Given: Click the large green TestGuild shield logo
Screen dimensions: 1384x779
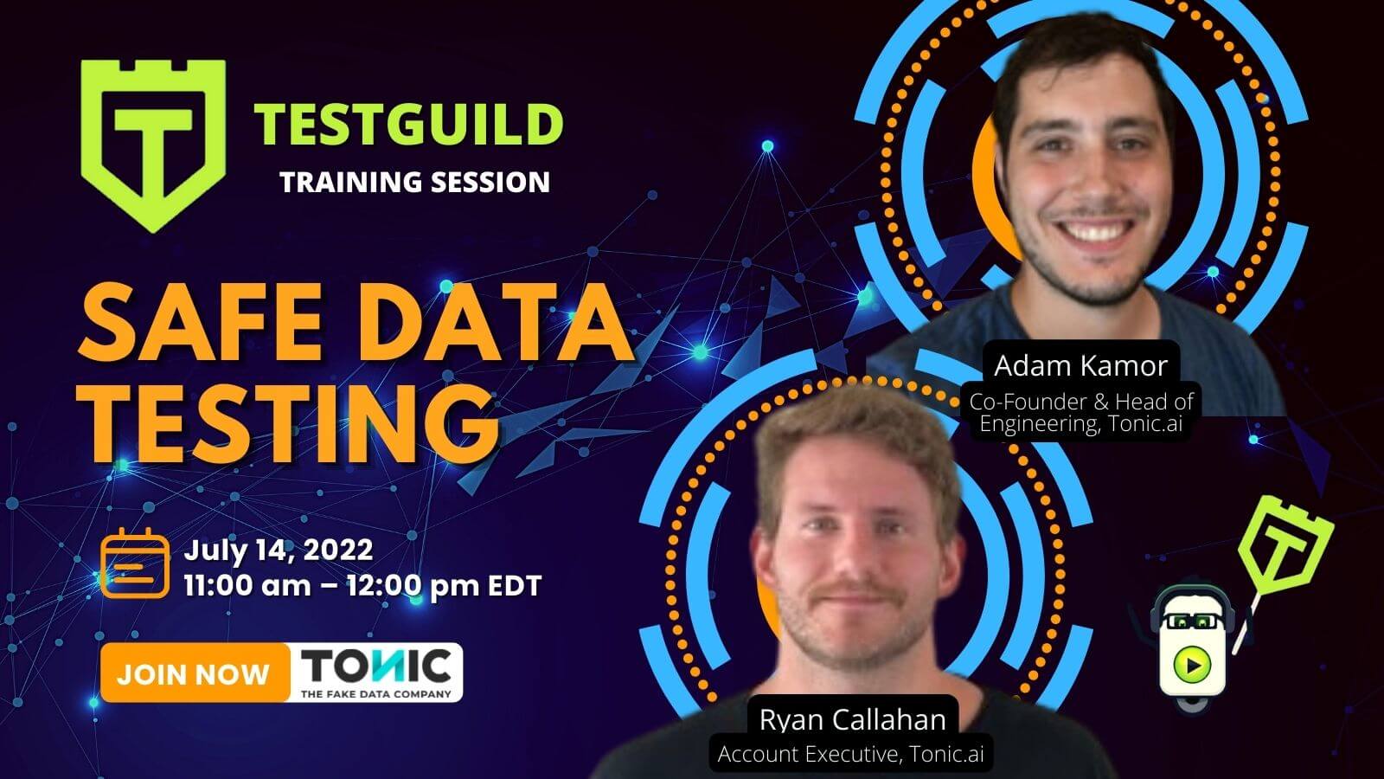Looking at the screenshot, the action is click(x=153, y=145).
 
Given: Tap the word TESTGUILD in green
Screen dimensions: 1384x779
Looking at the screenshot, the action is click(x=408, y=125).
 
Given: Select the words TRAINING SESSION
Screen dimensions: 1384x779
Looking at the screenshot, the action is click(x=414, y=183).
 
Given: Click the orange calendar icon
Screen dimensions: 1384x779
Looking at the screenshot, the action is click(x=135, y=563).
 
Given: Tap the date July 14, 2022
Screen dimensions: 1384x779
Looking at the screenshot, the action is click(x=279, y=550).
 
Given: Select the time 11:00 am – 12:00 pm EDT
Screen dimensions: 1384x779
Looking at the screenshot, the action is click(x=362, y=586).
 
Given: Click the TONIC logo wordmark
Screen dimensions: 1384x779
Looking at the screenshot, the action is click(x=375, y=666).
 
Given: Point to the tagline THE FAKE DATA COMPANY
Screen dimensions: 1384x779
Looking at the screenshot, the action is click(x=375, y=694).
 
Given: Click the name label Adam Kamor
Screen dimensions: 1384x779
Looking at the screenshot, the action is click(x=1080, y=365).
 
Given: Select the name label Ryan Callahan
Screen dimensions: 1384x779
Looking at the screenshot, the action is click(x=853, y=719).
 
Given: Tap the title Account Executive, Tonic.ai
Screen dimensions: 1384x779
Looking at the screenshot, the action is click(x=851, y=754).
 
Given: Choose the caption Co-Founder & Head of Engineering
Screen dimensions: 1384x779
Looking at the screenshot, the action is click(x=1081, y=413).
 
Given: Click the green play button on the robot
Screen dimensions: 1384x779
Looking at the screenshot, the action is click(x=1192, y=665).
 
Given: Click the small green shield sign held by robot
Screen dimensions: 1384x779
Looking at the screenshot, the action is click(x=1286, y=544).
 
